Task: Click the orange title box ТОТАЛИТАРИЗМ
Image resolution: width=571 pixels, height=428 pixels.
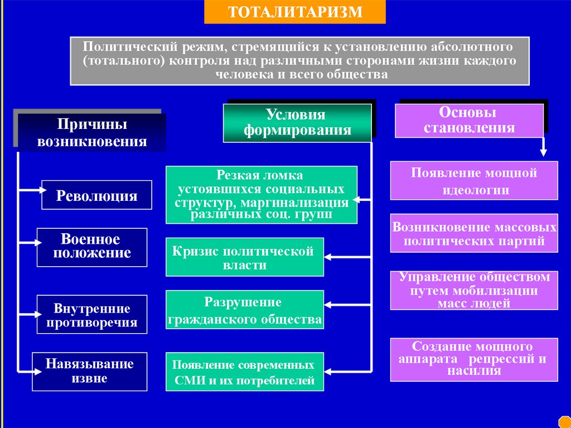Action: coord(294,12)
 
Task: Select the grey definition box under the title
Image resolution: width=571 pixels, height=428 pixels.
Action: coord(299,60)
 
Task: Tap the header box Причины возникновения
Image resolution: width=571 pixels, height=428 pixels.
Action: coord(92,132)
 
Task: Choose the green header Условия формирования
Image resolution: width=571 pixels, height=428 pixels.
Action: coord(297,123)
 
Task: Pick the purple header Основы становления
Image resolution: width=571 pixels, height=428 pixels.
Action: coord(469,120)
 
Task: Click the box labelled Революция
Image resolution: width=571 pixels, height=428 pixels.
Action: coord(96,195)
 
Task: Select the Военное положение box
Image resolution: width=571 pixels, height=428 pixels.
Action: coord(92,247)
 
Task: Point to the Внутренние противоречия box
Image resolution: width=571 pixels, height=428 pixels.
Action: coord(92,315)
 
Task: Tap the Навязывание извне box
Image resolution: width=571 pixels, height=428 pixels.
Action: coord(89,371)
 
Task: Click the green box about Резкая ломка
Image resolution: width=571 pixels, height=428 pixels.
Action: coord(261,195)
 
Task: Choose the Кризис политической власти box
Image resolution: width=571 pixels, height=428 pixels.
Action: coord(244,257)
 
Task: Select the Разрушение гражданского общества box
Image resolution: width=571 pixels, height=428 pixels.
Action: coord(244,310)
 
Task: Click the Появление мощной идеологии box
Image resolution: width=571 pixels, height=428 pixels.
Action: coord(474,180)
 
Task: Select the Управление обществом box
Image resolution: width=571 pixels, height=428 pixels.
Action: coord(474,290)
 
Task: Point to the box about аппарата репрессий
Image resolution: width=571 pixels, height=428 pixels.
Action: coord(474,359)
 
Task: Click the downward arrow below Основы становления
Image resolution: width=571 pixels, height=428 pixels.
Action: coord(543,147)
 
